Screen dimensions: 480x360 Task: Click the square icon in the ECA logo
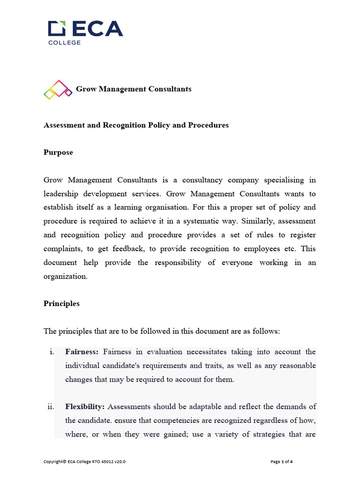coord(57,29)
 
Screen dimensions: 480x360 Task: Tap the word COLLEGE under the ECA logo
coord(65,43)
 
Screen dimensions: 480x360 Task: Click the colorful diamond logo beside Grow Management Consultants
coord(58,89)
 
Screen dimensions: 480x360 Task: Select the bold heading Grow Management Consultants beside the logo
coord(134,89)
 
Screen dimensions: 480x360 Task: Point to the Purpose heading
coord(58,152)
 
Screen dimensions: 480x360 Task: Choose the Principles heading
coord(61,303)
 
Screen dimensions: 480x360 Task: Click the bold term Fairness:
coord(82,352)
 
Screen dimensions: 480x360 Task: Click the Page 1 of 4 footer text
coord(282,462)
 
